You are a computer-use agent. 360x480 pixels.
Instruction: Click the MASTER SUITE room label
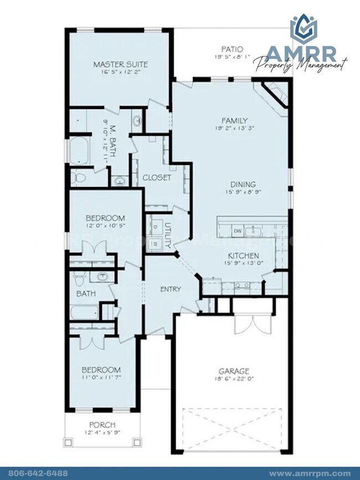[x=120, y=64]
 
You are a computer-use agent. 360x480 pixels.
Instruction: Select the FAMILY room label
[x=234, y=121]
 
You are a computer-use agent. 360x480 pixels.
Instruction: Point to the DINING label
[x=243, y=184]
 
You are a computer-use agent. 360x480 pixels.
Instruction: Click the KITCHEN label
[x=244, y=256]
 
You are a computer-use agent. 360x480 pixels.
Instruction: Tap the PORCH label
[x=101, y=425]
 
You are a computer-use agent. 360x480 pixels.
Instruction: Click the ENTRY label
[x=171, y=289]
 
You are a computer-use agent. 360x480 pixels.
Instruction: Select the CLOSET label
[x=157, y=178]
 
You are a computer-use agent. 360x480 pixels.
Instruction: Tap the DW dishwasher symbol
[x=237, y=230]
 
